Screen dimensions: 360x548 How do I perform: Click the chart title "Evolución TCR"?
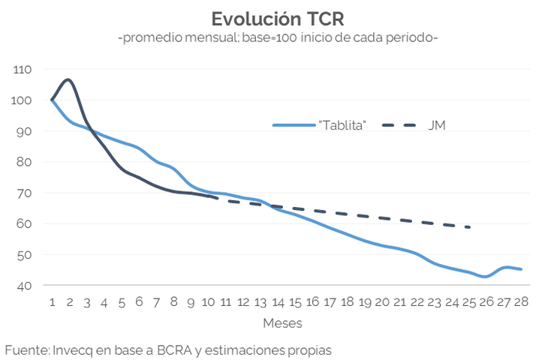(x=277, y=18)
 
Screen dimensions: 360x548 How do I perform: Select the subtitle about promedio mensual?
(x=277, y=37)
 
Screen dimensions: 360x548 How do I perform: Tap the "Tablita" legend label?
(x=342, y=125)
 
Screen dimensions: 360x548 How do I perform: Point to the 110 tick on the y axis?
(x=23, y=70)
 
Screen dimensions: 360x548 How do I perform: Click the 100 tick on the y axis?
(x=23, y=100)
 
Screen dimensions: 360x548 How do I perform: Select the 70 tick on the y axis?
(x=24, y=193)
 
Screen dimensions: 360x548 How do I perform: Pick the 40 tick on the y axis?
(x=24, y=286)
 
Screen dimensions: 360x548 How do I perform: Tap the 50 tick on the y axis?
(x=24, y=255)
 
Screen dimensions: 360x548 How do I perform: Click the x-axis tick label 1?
(x=52, y=301)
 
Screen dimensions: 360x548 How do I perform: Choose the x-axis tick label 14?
(x=277, y=301)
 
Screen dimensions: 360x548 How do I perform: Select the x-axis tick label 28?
(x=521, y=301)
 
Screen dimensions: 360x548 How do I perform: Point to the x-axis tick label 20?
(x=382, y=301)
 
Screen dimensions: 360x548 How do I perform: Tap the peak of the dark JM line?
(x=68, y=79)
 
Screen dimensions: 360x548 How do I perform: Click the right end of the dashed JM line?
(x=469, y=226)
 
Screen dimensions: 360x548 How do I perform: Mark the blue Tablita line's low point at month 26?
(x=486, y=277)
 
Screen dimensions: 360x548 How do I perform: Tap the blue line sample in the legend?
(x=293, y=125)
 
